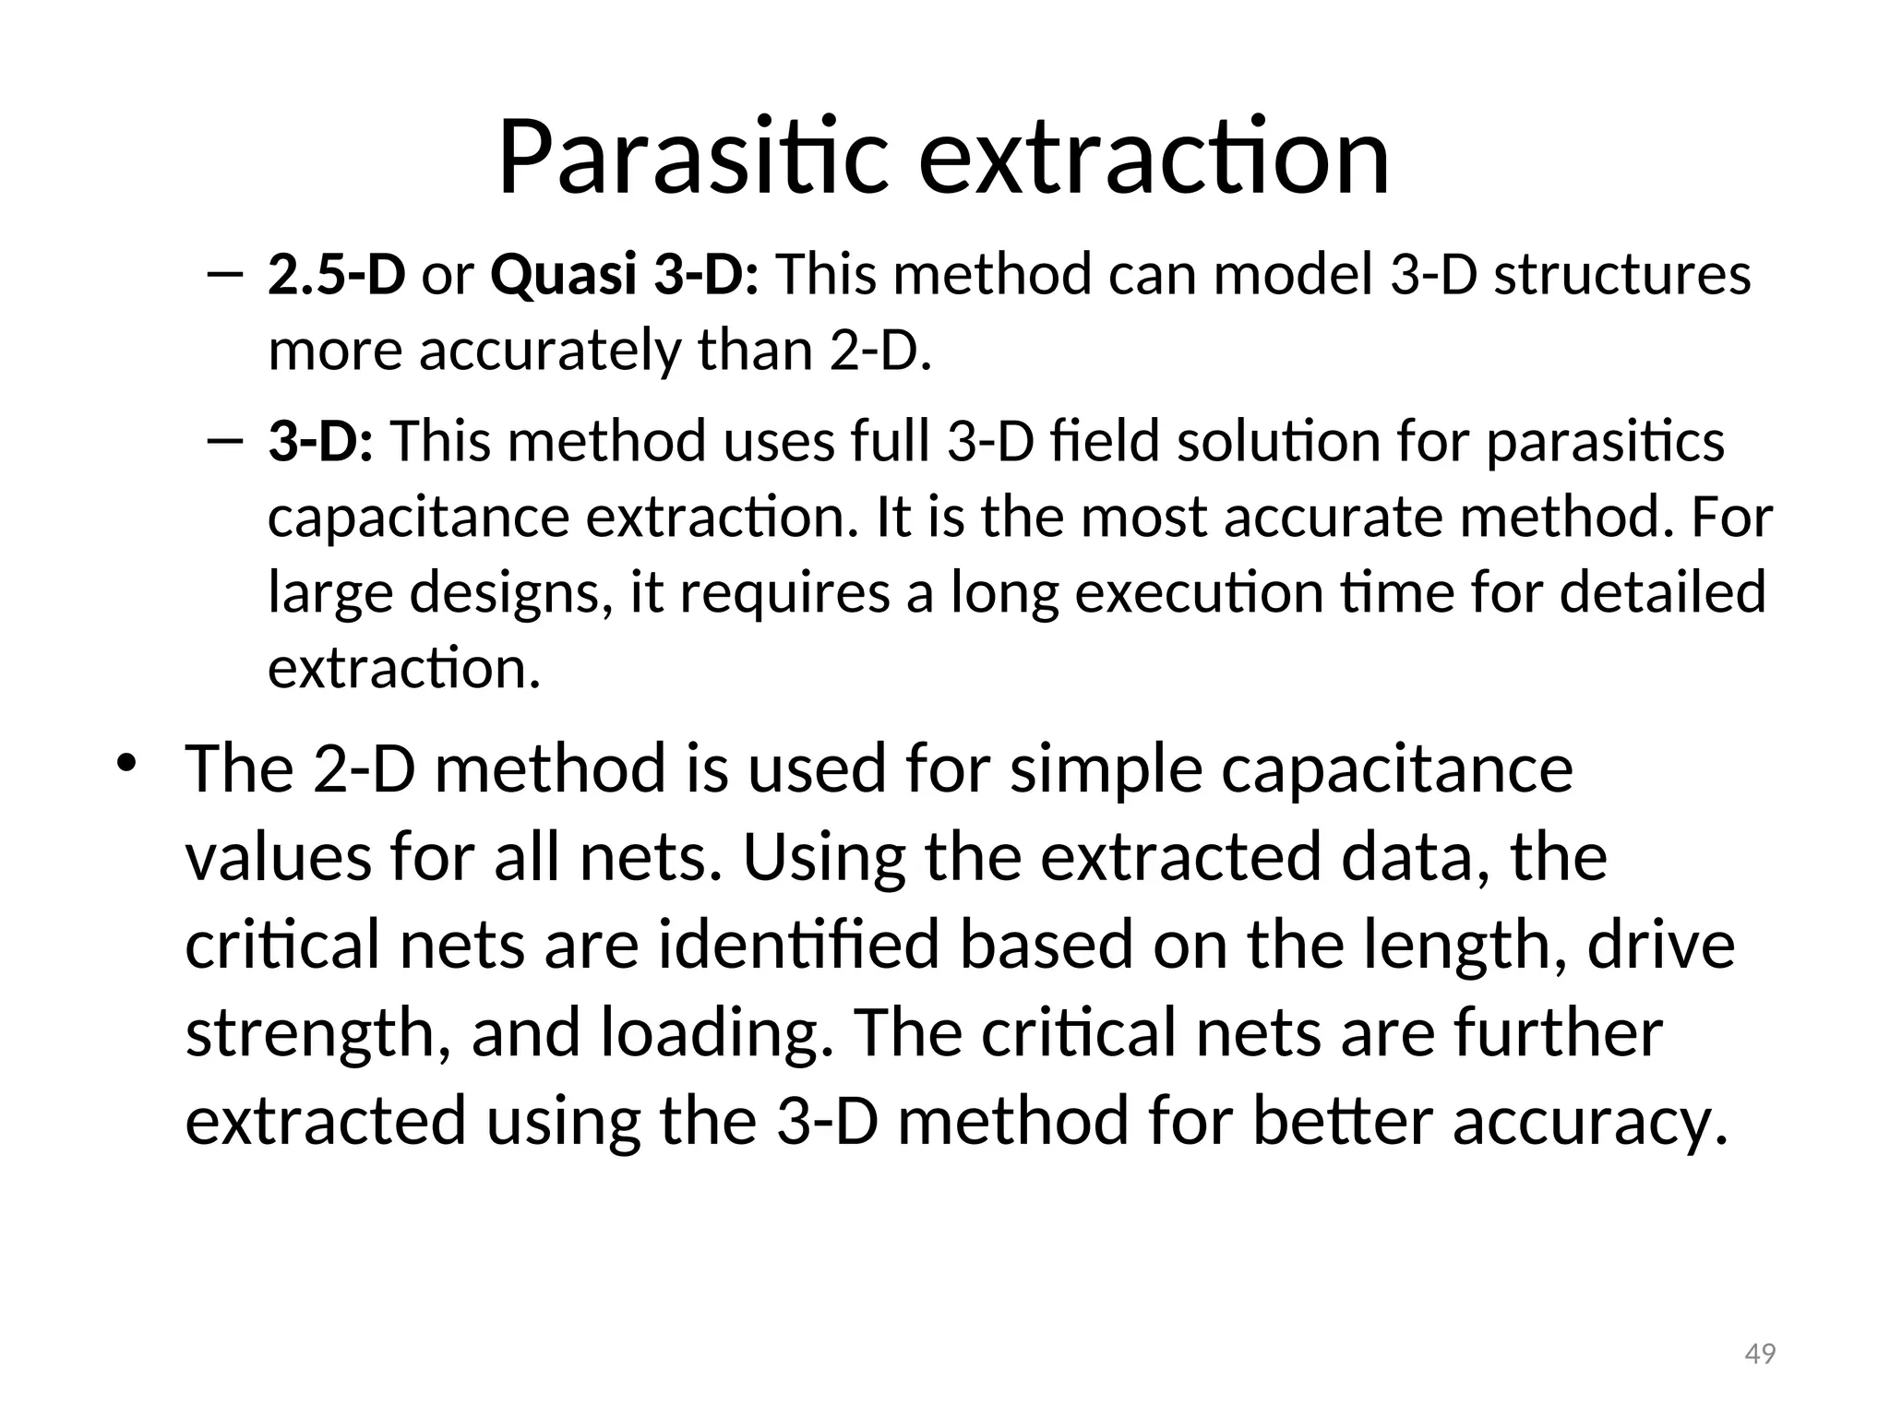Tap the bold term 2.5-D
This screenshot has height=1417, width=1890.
[x=336, y=275]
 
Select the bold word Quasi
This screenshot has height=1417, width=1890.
[x=563, y=275]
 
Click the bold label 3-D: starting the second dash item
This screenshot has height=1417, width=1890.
[x=320, y=441]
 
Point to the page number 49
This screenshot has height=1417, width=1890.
[x=1760, y=1354]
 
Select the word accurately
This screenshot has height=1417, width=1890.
[x=550, y=351]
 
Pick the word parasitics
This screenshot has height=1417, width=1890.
[x=1605, y=441]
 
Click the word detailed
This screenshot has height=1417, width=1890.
[x=1662, y=592]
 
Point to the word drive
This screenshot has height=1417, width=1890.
[x=1660, y=946]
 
